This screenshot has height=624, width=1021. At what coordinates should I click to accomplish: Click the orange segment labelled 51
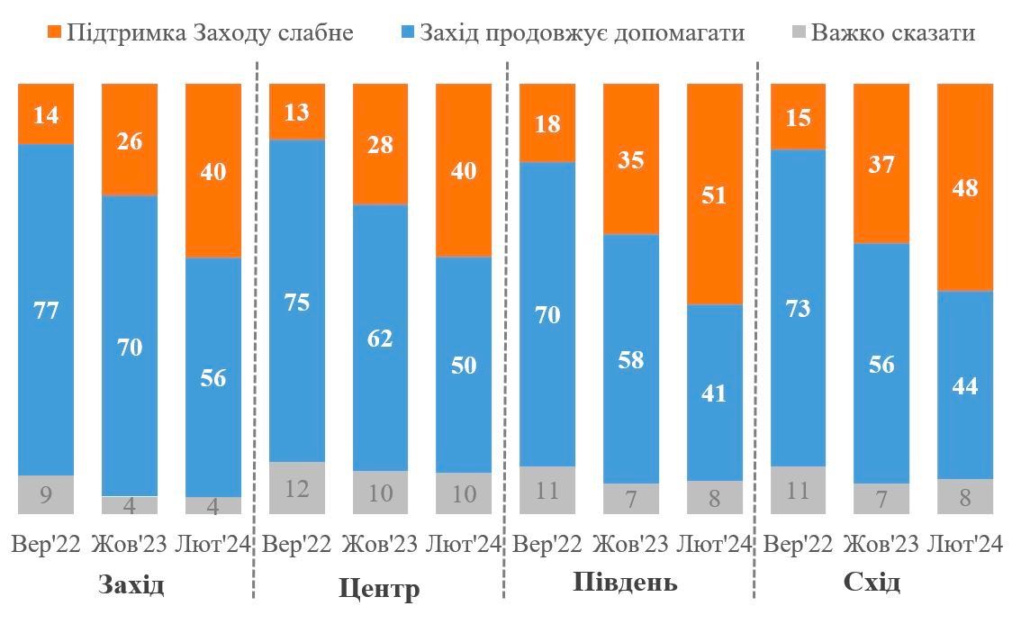point(714,194)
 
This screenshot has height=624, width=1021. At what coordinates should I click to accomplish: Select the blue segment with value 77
point(46,309)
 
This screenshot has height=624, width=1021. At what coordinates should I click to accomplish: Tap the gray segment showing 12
point(297,488)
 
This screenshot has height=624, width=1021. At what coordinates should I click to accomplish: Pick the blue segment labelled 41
point(714,393)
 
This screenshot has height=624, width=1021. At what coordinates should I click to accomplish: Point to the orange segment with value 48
point(965,187)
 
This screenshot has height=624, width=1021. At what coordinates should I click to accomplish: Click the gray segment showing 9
point(46,494)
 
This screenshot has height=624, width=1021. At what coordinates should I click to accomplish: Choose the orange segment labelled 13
point(297,112)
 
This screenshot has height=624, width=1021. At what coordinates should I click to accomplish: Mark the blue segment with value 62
point(380,338)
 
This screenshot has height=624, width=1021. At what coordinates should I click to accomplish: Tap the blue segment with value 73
point(798,308)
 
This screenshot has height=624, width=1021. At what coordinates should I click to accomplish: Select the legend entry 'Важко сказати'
point(892,33)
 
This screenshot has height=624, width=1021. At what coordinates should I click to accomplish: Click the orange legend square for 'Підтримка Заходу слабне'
point(53,33)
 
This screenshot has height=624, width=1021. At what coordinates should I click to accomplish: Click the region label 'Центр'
point(379,590)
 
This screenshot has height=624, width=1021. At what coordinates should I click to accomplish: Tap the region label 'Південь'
point(625,583)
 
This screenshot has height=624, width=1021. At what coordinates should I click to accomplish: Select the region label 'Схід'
point(872,583)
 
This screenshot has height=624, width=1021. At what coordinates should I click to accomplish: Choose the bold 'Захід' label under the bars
point(131,586)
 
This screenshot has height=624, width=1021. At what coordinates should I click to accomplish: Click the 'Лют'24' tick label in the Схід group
point(964,545)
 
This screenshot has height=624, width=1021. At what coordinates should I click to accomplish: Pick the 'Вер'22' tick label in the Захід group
point(46,545)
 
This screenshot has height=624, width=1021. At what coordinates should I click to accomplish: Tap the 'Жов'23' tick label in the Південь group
point(631,545)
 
